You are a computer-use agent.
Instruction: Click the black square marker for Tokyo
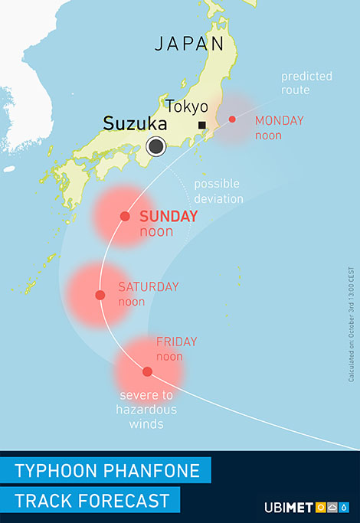tap(202, 125)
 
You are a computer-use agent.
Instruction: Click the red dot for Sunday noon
tap(125, 217)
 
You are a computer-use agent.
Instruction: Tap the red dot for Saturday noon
tap(100, 295)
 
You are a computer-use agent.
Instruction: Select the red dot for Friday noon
tap(147, 372)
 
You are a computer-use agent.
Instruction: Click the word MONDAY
tap(279, 120)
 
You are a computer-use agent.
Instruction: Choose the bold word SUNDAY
tap(168, 217)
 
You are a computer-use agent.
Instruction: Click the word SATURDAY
tap(148, 287)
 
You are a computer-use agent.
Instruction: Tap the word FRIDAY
tap(176, 342)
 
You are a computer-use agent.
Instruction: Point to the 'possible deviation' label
tap(218, 191)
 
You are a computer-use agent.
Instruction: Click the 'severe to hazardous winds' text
tap(146, 409)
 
